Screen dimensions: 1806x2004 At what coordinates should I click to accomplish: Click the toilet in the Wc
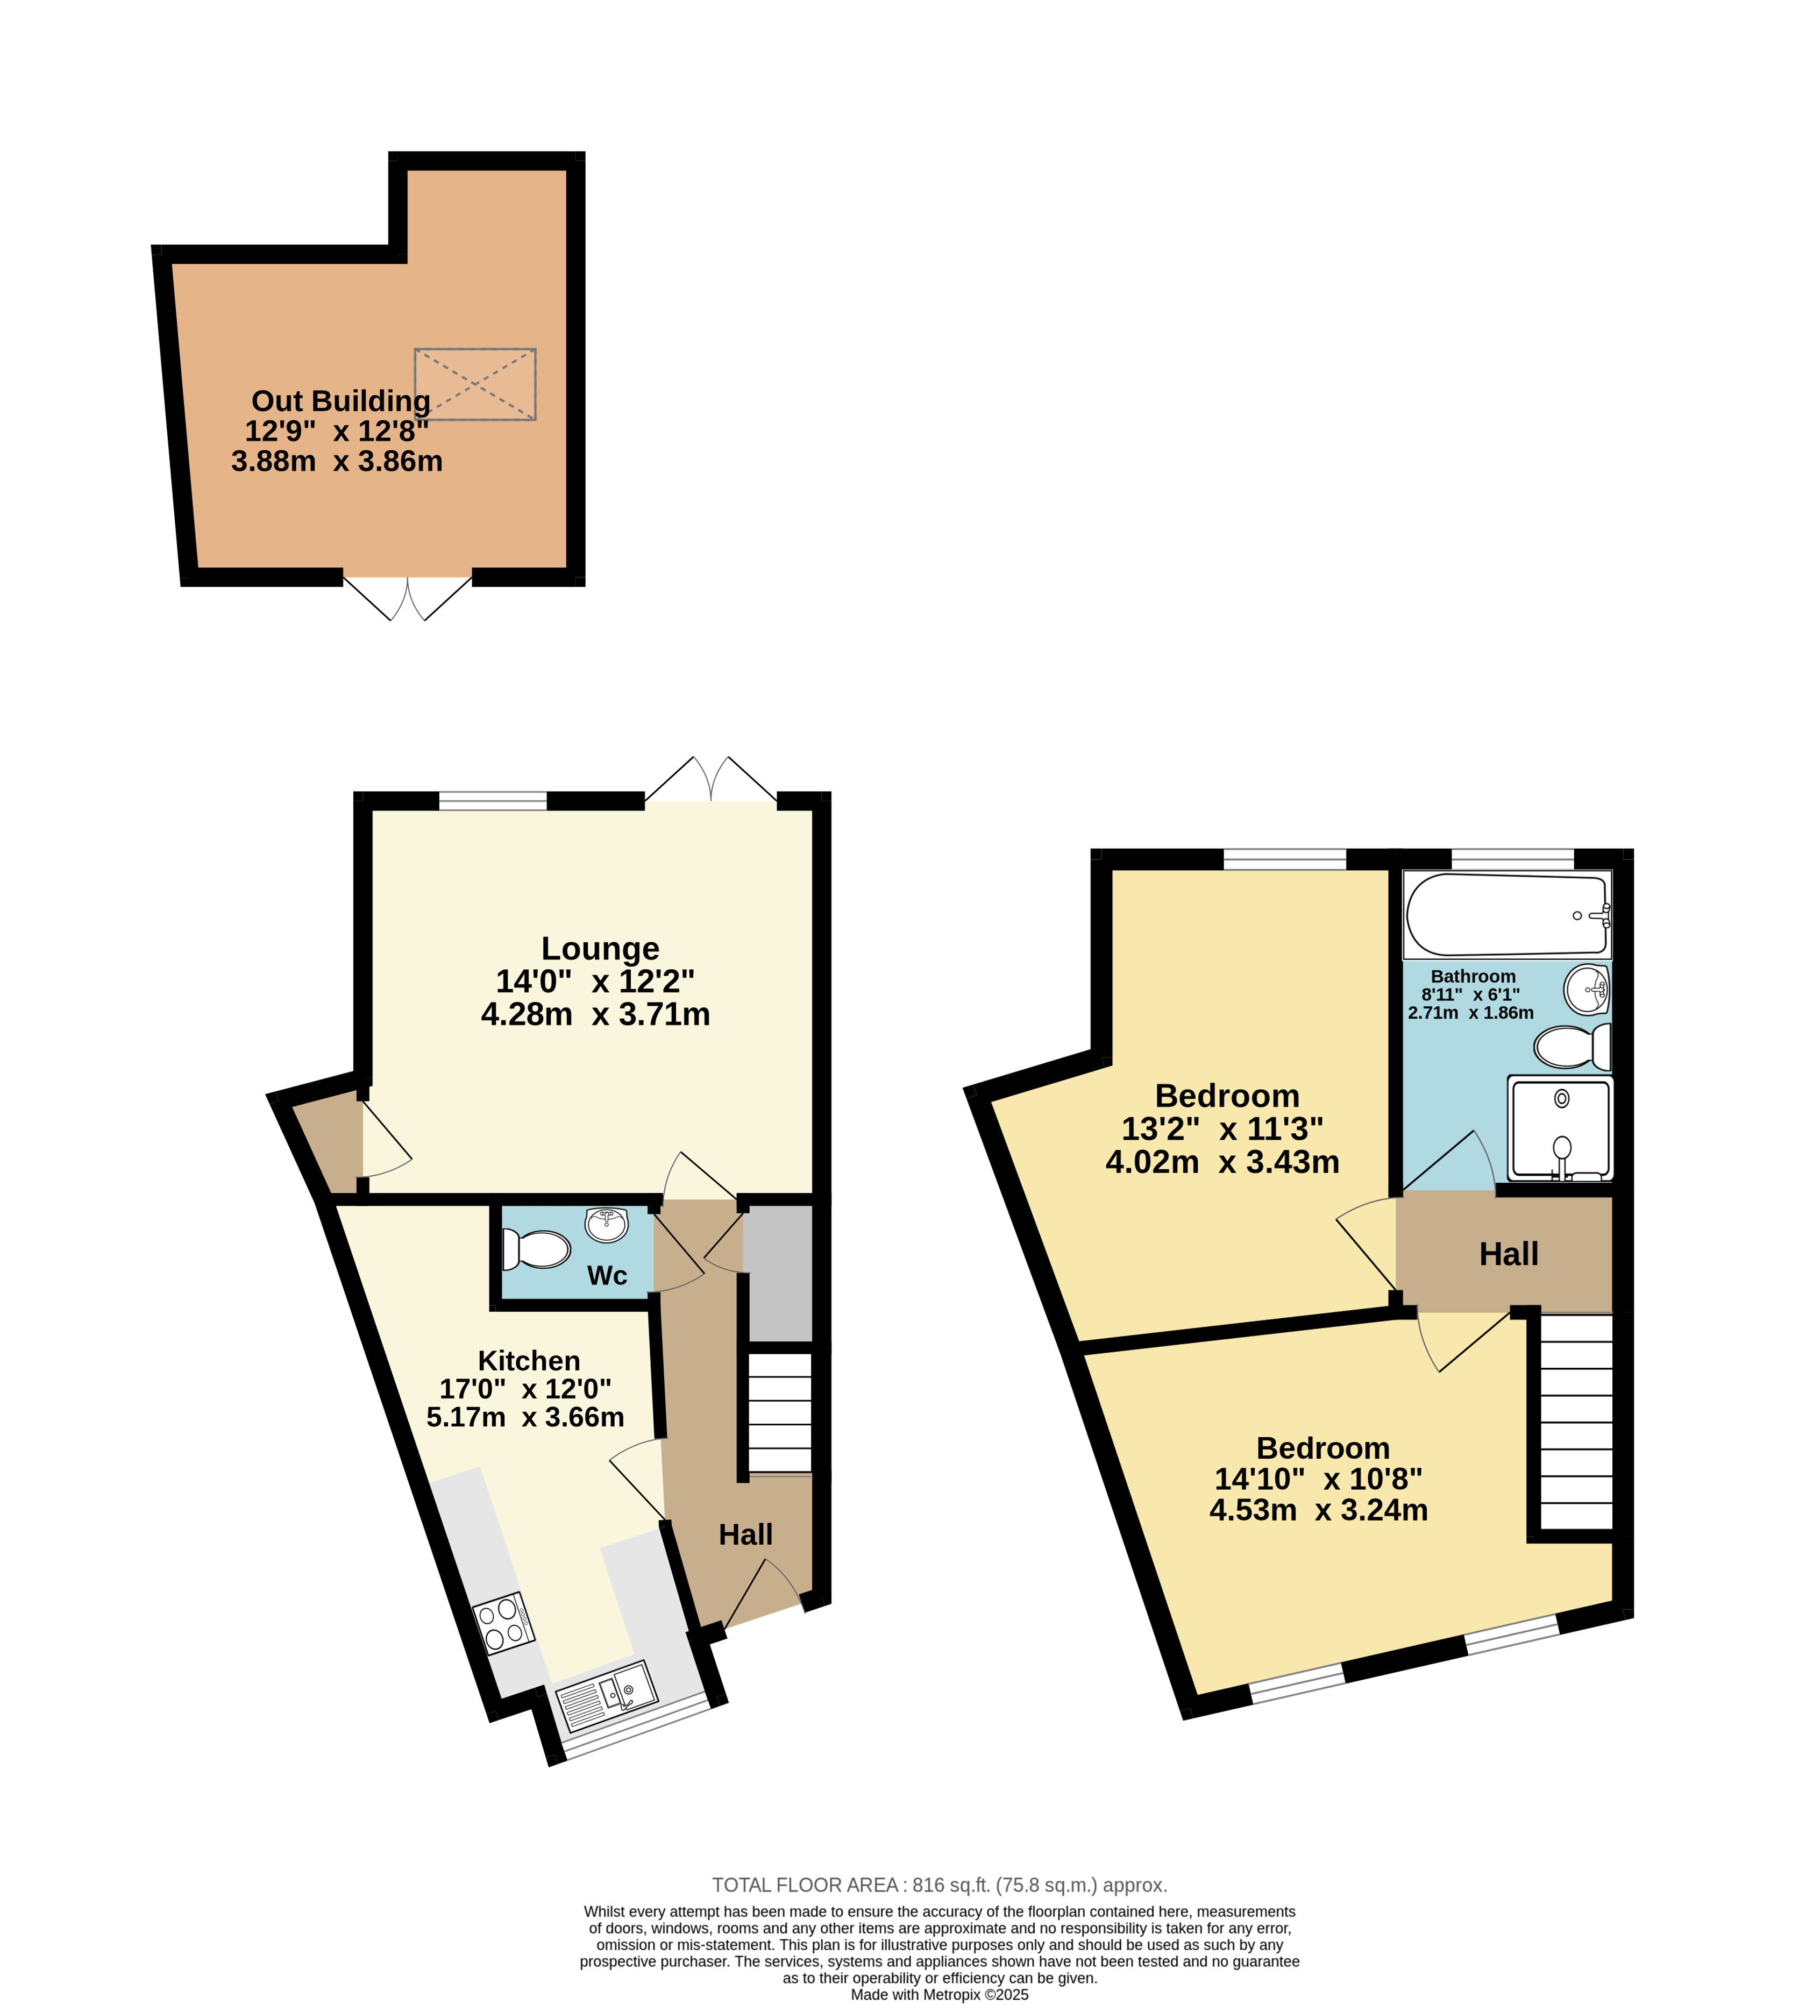(x=536, y=1249)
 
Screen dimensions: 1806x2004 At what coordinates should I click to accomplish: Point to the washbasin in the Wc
(x=606, y=1224)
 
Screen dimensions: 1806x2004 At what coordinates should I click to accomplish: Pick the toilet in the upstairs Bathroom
(x=1573, y=1047)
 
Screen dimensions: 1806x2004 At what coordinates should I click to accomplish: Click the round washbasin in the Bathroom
(x=1587, y=989)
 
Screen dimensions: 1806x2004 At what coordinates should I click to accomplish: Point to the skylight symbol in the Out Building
(x=475, y=384)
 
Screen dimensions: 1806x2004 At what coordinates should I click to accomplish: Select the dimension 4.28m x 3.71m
(x=595, y=1015)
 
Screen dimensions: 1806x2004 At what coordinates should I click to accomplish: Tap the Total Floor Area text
(x=940, y=1885)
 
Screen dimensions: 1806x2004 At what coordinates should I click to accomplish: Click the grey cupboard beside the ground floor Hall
(x=778, y=1273)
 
